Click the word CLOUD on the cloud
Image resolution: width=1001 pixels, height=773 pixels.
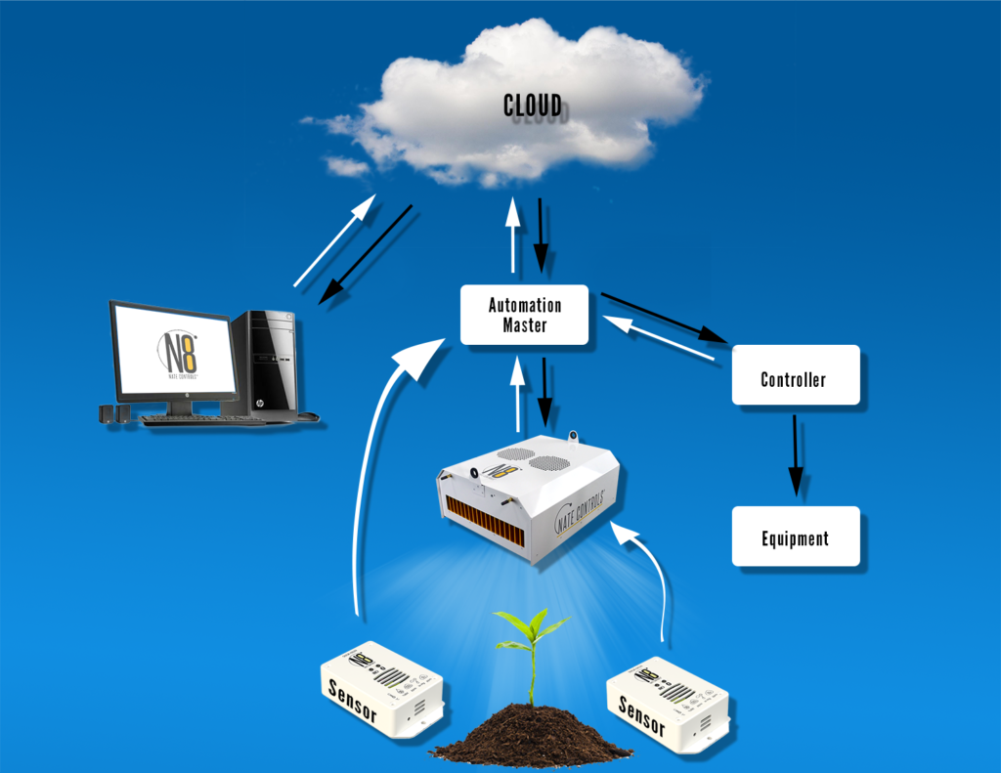(532, 105)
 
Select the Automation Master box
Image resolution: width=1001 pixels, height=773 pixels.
(524, 315)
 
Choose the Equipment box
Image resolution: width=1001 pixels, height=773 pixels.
(795, 537)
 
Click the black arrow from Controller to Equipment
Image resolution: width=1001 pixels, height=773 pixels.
(796, 453)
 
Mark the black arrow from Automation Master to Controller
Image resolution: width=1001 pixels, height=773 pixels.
(665, 317)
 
